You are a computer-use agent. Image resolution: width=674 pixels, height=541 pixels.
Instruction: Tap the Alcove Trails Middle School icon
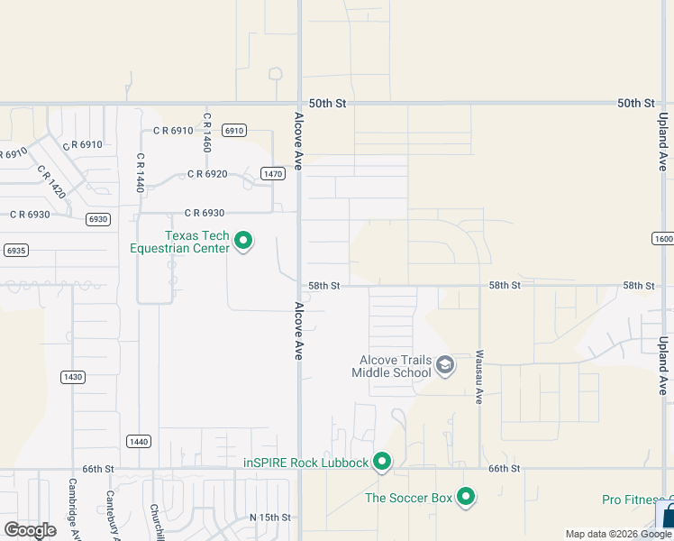coord(444,365)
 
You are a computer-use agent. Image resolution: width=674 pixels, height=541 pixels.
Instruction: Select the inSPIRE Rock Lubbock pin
coord(382,462)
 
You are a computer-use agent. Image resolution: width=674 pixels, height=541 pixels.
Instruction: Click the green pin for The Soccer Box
coord(466,497)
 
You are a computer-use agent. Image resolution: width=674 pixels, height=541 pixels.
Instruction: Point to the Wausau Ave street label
coord(480,377)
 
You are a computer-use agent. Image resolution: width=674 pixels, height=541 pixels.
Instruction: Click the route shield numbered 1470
coord(273,173)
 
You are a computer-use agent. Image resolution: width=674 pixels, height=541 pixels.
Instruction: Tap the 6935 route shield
coord(14,249)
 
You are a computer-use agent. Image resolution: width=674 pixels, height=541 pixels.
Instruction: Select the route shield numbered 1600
coord(662,238)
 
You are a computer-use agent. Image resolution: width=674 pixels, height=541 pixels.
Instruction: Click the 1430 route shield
coord(73,376)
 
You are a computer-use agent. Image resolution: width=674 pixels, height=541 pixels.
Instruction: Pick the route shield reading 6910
coord(234,131)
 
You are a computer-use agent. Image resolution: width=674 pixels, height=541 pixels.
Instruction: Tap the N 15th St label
coord(270,518)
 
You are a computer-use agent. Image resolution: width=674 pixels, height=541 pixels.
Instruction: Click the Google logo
coord(30,529)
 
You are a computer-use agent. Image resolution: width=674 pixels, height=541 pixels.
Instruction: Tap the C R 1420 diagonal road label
coord(51,181)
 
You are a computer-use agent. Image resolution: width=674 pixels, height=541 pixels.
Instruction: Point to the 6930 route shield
coord(98,219)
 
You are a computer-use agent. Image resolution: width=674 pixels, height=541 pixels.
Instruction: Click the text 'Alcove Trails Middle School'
coord(392,366)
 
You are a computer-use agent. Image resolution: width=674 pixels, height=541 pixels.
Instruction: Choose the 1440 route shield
coord(138,441)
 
